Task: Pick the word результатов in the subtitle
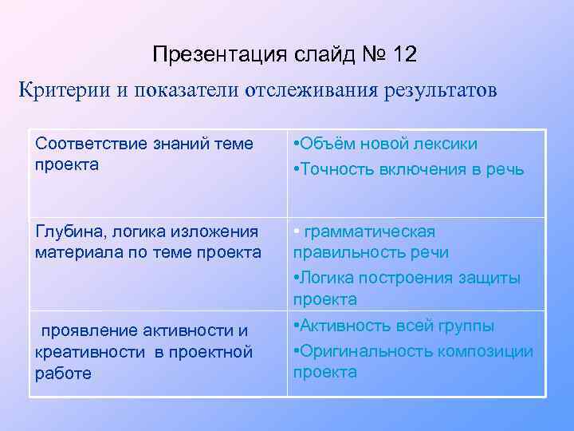coord(434,90)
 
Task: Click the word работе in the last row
coord(63,373)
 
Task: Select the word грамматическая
coord(370,232)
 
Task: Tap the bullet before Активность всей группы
coord(296,326)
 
